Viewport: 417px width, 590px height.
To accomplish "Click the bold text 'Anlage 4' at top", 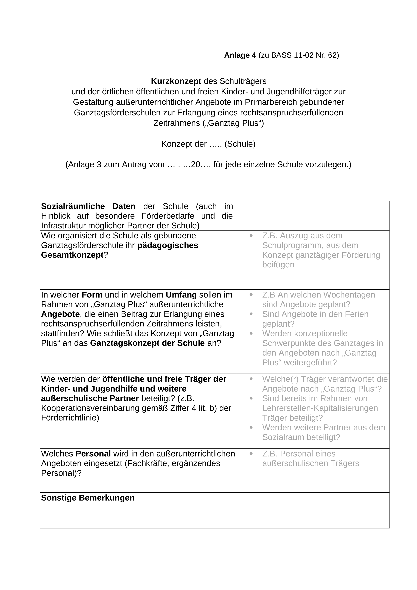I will coord(240,55).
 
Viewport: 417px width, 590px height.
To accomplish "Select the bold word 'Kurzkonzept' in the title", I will coord(176,81).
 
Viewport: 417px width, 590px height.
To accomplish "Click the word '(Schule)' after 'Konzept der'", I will coord(240,144).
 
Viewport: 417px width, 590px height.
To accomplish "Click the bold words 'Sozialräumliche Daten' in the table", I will coord(88,206).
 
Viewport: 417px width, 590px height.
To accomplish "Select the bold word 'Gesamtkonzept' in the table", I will coord(72,255).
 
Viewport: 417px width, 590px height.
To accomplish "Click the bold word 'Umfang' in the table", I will coord(181,295).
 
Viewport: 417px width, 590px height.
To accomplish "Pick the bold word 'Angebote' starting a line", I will coord(60,314).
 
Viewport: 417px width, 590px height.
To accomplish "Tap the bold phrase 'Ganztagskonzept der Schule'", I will coord(147,343).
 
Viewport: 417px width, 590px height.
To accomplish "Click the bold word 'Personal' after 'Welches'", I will coord(93,454).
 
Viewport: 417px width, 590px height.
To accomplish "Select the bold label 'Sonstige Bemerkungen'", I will coord(88,498).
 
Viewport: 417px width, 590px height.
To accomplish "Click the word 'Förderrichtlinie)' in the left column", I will coord(70,418).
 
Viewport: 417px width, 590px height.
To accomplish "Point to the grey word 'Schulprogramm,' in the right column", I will coord(293,245).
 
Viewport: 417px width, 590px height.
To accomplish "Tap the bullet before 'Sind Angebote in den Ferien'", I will coord(251,314).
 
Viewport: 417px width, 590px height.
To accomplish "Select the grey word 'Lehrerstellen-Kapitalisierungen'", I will coord(320,408).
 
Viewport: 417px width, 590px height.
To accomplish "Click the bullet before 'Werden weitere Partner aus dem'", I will coord(251,427).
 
